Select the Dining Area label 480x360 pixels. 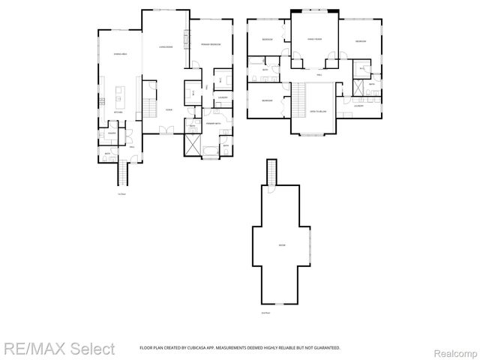118,55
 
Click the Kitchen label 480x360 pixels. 118,112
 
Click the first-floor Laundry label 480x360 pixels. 223,97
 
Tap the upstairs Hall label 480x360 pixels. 319,75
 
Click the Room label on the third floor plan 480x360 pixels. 282,245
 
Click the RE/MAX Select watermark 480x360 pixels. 58,349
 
